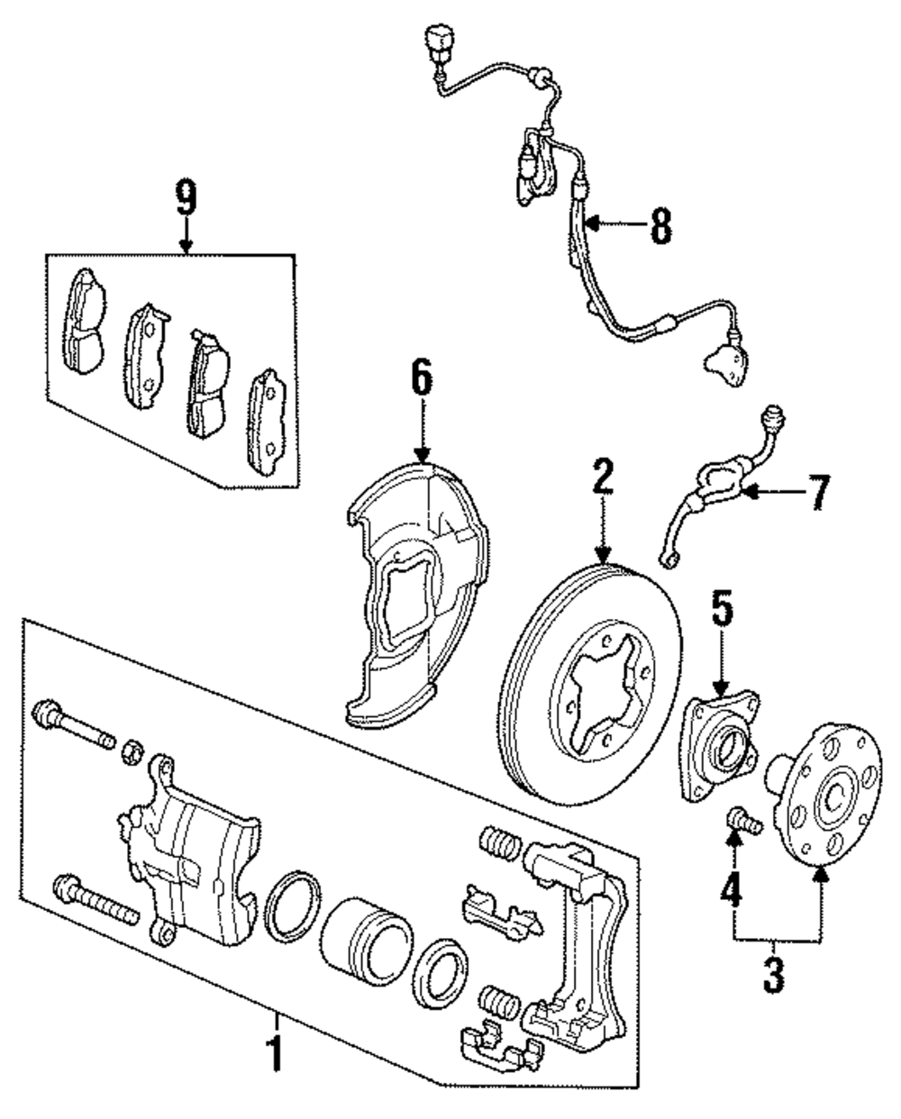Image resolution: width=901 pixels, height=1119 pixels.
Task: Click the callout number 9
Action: pyautogui.click(x=187, y=197)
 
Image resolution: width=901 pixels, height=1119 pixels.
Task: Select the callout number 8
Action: pyautogui.click(x=661, y=225)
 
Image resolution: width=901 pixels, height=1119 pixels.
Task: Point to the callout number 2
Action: pyautogui.click(x=604, y=477)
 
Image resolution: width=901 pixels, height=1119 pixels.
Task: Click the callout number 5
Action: pyautogui.click(x=722, y=608)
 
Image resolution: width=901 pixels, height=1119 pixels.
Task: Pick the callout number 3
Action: pyautogui.click(x=774, y=975)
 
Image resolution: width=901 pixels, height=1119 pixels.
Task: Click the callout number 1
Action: pyautogui.click(x=276, y=1053)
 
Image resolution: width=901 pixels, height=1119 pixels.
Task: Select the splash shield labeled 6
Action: pyautogui.click(x=417, y=593)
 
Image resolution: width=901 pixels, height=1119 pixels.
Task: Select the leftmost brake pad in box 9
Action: pyautogui.click(x=84, y=321)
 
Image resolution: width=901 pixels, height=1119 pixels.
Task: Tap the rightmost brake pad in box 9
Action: pyautogui.click(x=267, y=422)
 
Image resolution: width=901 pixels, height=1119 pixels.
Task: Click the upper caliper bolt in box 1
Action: pyautogui.click(x=73, y=724)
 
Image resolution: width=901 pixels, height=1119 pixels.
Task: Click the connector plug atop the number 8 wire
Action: pyautogui.click(x=440, y=41)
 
